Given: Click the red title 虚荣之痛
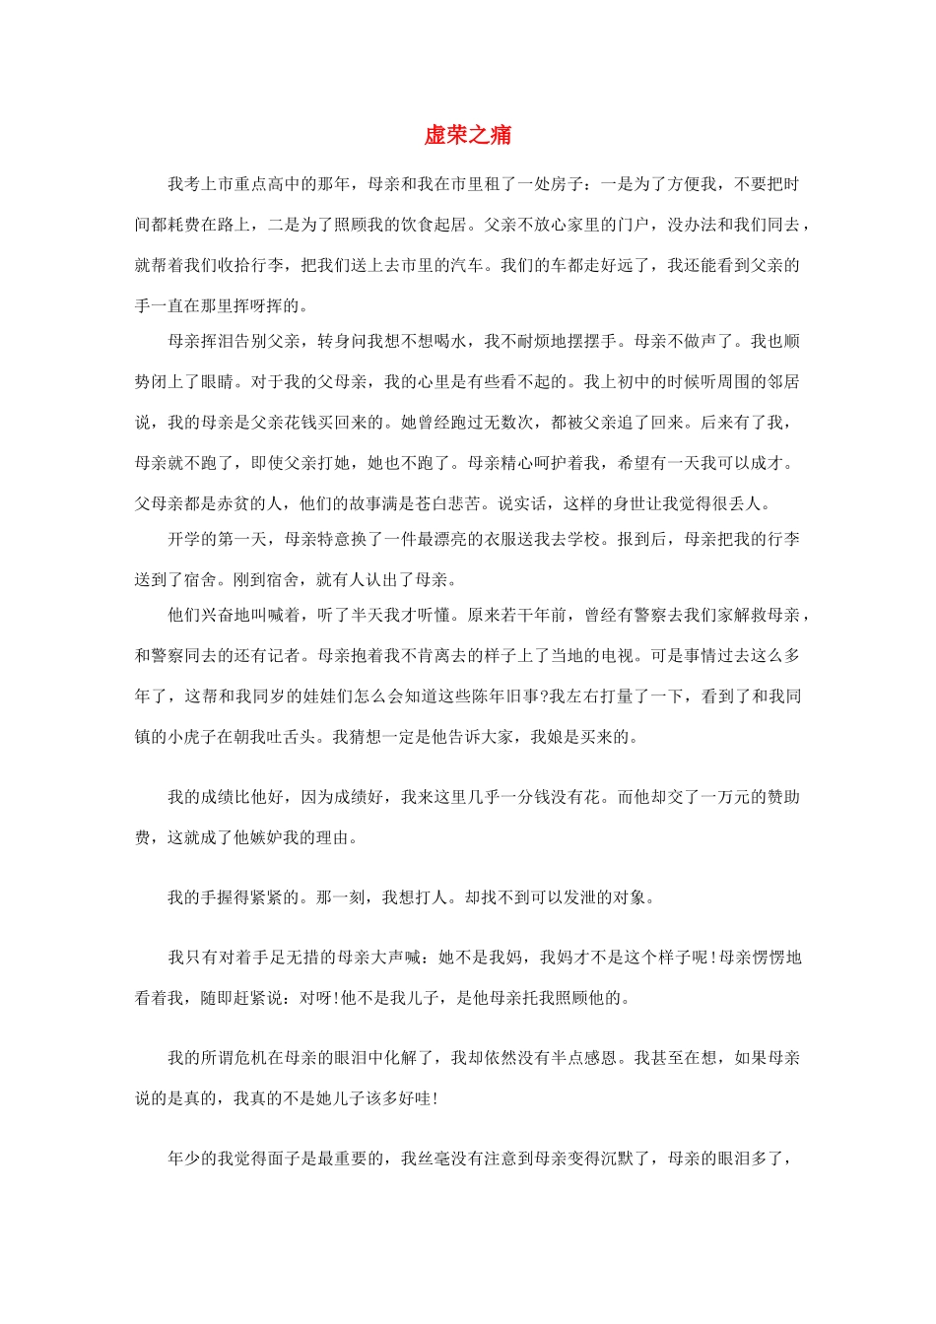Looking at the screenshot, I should [468, 135].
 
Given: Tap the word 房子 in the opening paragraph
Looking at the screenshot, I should [552, 184].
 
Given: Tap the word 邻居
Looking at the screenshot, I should [784, 381].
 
